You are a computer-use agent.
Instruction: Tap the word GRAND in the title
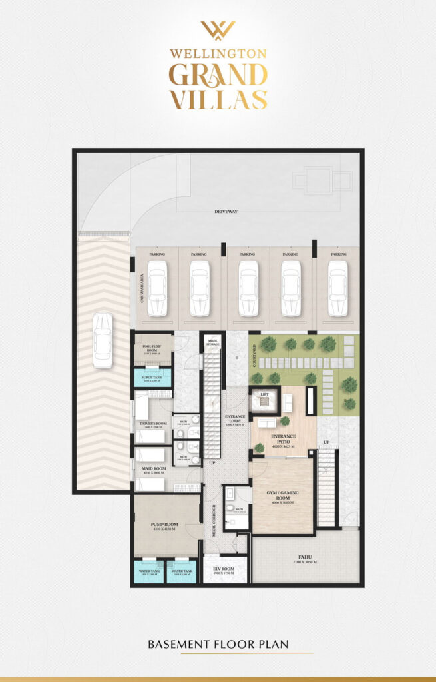tap(218, 74)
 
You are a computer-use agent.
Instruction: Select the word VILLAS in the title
tap(218, 99)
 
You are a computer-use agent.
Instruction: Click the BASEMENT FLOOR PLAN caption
tap(218, 645)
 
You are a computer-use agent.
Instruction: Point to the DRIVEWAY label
tap(226, 212)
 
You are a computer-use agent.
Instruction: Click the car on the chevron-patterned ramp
tap(103, 340)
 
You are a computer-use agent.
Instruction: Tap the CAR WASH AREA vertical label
tap(142, 290)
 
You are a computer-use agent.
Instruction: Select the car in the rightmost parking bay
tap(337, 288)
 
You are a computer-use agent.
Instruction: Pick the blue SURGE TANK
tap(153, 379)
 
